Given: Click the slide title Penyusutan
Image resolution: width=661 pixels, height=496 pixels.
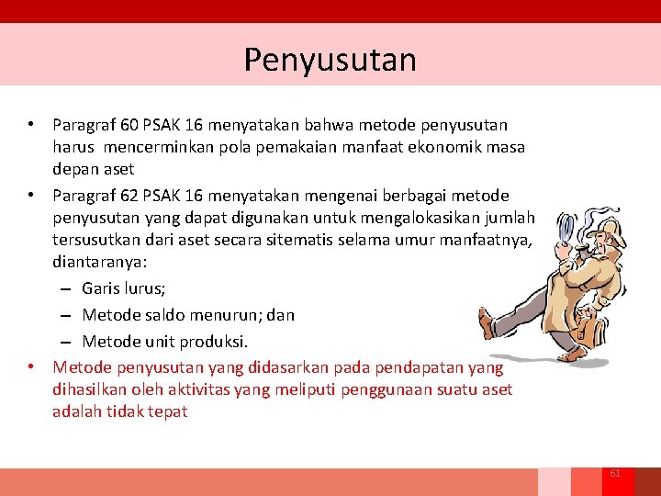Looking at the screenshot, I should click(x=330, y=60).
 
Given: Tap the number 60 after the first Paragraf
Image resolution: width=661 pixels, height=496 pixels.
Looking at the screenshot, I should click(x=129, y=124).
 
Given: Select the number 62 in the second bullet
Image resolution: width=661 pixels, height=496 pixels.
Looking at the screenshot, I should click(x=129, y=196).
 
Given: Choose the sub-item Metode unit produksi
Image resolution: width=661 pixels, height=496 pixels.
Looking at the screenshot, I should click(x=165, y=342).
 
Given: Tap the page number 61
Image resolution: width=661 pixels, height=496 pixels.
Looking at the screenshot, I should click(x=615, y=473).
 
